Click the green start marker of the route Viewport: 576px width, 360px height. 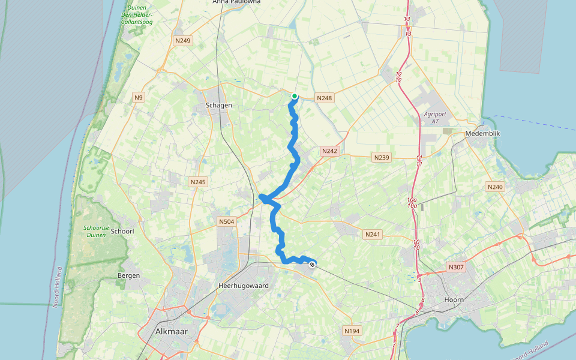point(295,96)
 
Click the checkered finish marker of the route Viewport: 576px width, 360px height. point(312,264)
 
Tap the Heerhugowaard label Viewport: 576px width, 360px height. point(244,286)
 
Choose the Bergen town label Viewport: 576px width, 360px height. point(129,276)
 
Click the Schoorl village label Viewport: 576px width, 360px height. point(122,231)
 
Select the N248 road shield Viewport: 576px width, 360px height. point(325,98)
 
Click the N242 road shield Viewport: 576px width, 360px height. point(329,151)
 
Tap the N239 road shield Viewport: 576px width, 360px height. point(382,157)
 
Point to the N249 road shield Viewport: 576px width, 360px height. point(182,41)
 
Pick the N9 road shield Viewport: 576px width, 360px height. point(139,97)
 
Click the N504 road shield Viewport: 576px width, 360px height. point(226,222)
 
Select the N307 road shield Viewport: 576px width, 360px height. point(456,265)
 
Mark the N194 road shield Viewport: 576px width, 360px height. point(352,331)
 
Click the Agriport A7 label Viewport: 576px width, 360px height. point(435,118)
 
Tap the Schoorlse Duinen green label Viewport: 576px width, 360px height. point(95,231)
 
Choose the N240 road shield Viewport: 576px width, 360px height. point(495,187)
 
